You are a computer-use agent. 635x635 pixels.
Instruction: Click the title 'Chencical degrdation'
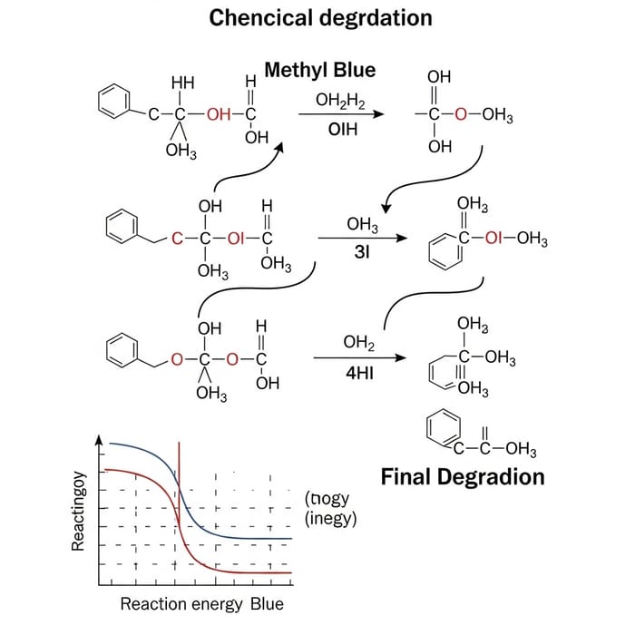click(x=320, y=17)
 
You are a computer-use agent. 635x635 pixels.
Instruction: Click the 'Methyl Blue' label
click(x=319, y=71)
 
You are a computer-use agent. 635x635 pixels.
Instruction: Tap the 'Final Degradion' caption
click(x=463, y=476)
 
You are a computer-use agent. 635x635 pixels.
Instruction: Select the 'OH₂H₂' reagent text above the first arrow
click(x=340, y=102)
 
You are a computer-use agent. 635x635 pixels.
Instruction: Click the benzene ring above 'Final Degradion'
click(x=442, y=426)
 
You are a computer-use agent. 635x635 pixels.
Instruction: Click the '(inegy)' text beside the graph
click(x=331, y=520)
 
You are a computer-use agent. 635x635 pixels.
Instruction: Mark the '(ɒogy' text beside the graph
click(x=327, y=499)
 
